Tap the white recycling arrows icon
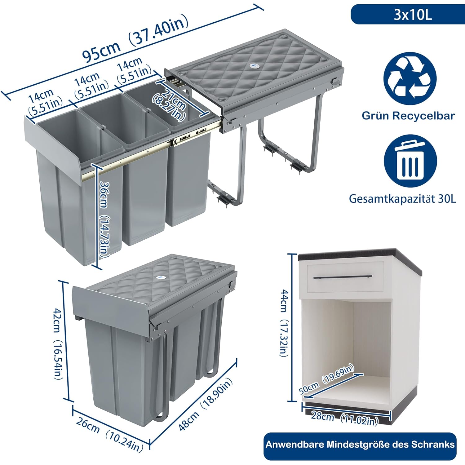tap(410, 78)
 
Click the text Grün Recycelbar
tap(408, 116)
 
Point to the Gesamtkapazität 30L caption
tap(403, 198)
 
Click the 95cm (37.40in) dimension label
tap(135, 38)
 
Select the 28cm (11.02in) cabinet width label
tap(344, 418)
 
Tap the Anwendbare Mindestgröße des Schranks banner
tap(360, 445)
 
